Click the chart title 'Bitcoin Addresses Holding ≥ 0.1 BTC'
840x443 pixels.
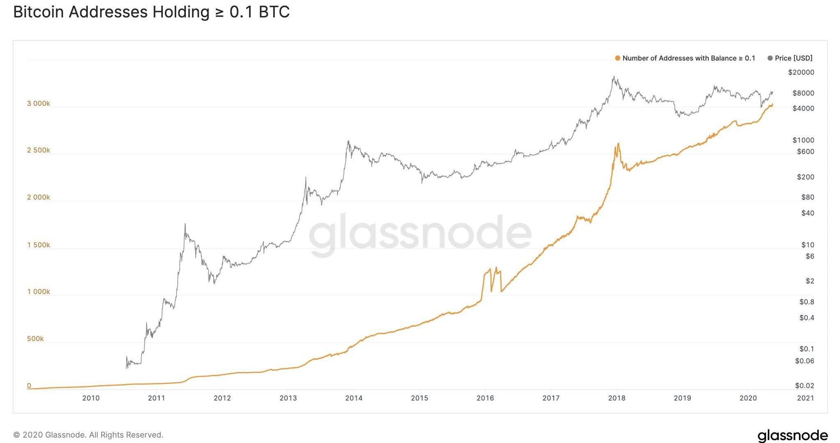[151, 12]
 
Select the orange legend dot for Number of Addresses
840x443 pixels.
[617, 58]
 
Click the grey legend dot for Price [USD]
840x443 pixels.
[770, 58]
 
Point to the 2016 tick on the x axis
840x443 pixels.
[485, 398]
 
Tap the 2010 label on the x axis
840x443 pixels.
[91, 398]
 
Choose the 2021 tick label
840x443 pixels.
[805, 398]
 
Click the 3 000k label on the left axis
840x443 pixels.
[39, 103]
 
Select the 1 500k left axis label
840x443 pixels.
[39, 245]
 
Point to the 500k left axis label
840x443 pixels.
[35, 339]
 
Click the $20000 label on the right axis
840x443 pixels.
[801, 73]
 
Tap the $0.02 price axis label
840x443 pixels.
[804, 386]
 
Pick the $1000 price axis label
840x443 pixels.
[803, 140]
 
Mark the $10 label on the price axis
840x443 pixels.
[807, 245]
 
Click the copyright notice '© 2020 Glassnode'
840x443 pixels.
[88, 435]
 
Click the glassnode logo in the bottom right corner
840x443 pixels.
[792, 435]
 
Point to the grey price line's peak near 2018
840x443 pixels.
[613, 77]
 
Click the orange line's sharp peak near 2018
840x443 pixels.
[618, 144]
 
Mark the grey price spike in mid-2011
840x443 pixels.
[185, 224]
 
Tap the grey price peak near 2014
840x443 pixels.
[348, 142]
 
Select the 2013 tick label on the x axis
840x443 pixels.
[288, 398]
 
